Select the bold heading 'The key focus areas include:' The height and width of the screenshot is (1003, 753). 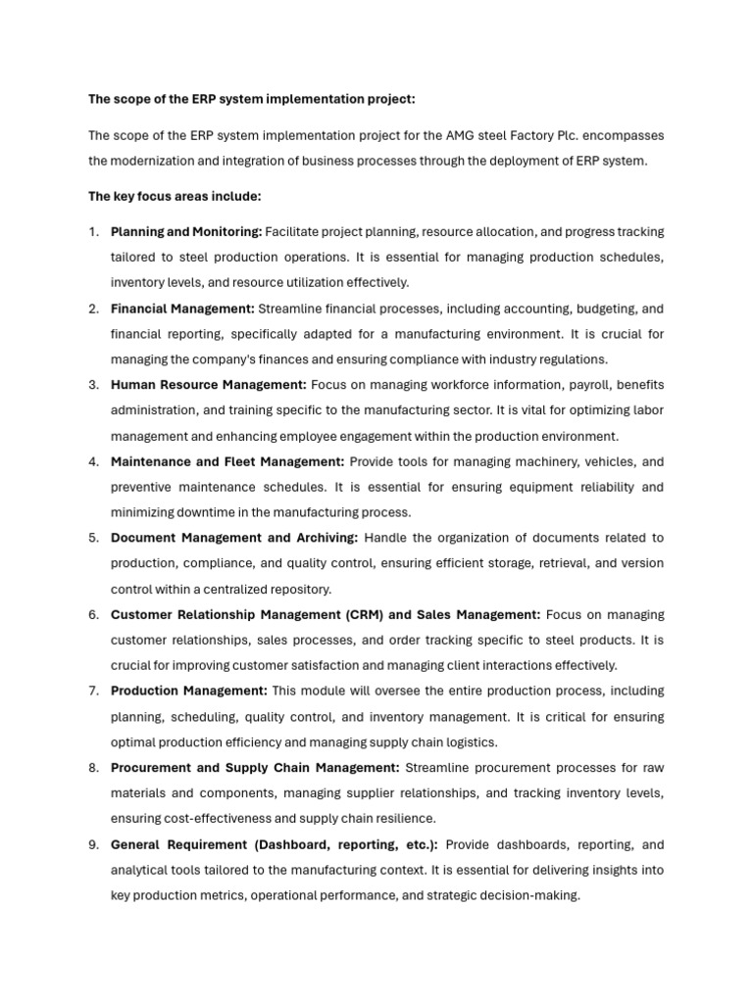pos(175,197)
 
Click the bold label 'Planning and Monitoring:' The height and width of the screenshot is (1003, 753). pos(186,232)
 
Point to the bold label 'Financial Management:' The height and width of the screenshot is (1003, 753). pos(182,309)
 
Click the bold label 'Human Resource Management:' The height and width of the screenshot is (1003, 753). pos(209,385)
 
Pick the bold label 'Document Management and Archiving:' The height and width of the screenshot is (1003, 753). pos(234,538)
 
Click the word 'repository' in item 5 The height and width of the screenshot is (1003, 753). pos(299,589)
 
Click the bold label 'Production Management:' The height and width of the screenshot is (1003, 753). pos(188,691)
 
